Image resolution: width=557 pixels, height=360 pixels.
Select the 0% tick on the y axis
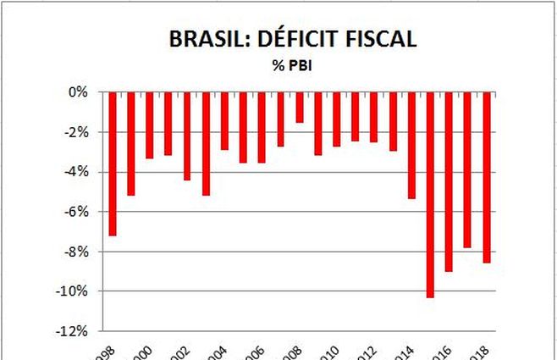click(78, 92)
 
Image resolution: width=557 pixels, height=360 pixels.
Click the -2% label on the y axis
click(75, 132)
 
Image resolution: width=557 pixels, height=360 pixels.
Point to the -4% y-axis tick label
click(75, 172)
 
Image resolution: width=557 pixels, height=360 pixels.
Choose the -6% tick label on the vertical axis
click(75, 212)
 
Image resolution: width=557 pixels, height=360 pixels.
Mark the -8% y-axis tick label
click(75, 252)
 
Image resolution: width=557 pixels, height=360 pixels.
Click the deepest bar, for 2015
click(430, 195)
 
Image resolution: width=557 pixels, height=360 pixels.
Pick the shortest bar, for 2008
click(299, 107)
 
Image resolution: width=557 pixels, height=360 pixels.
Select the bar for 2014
click(411, 145)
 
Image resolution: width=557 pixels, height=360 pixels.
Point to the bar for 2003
click(206, 143)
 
